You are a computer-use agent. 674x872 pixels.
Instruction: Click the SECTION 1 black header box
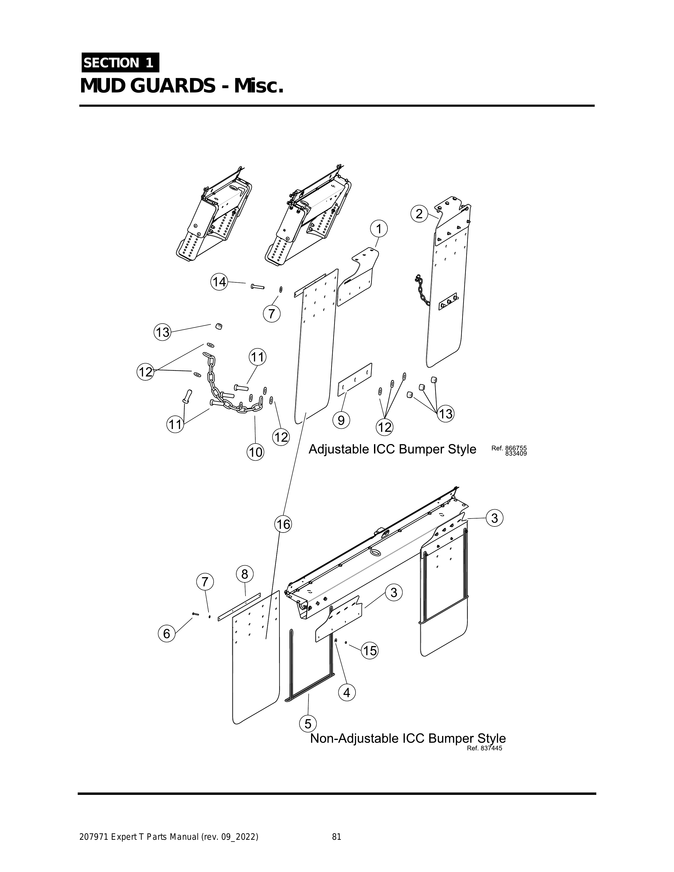pyautogui.click(x=120, y=63)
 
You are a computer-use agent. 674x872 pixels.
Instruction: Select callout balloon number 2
pyautogui.click(x=419, y=214)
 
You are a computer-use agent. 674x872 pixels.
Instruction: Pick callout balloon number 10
pyautogui.click(x=256, y=452)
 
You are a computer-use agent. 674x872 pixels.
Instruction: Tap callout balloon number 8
pyautogui.click(x=244, y=574)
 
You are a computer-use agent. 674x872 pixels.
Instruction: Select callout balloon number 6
pyautogui.click(x=167, y=634)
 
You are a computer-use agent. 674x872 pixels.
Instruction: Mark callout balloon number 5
pyautogui.click(x=308, y=724)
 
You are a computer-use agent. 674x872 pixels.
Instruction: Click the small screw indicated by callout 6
pyautogui.click(x=195, y=614)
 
